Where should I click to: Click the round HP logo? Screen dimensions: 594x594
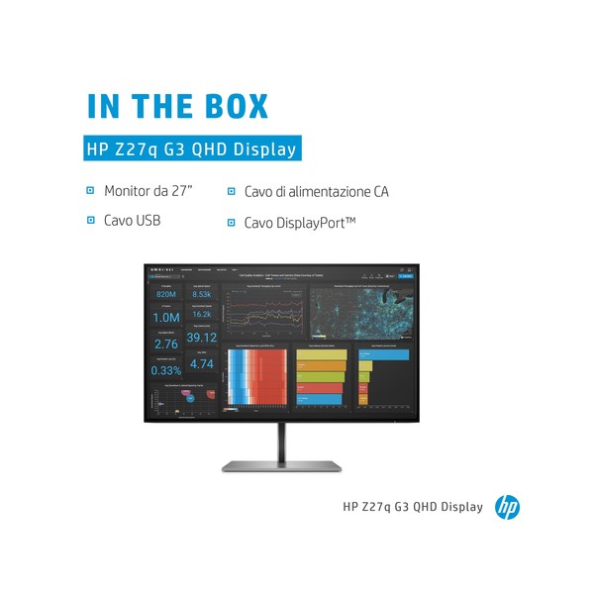click(x=507, y=507)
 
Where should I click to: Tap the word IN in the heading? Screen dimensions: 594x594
click(x=103, y=106)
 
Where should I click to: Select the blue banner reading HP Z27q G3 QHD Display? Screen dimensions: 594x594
click(x=191, y=149)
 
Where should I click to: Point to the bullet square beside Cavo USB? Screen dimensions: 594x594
click(x=91, y=220)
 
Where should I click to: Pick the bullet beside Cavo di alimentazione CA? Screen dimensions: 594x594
click(x=232, y=192)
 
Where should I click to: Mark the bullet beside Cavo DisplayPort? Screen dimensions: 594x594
click(x=232, y=222)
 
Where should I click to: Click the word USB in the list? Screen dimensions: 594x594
click(x=145, y=220)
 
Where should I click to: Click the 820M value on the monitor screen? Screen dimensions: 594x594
click(x=165, y=294)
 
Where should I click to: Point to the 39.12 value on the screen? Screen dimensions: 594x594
click(x=201, y=338)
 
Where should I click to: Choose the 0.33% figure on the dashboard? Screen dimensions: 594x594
click(x=165, y=369)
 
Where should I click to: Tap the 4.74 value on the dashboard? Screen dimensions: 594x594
click(x=201, y=363)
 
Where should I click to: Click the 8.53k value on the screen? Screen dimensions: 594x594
click(x=201, y=294)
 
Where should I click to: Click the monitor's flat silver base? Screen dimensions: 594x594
click(x=282, y=465)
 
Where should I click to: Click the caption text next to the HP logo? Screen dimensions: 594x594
click(x=413, y=507)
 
